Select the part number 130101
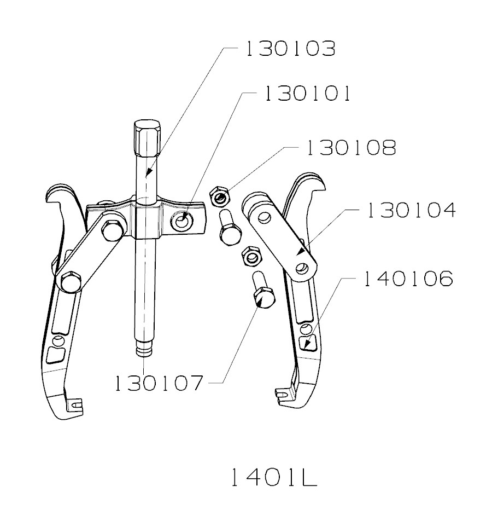click(x=307, y=94)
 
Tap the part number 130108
click(x=350, y=148)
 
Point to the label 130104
click(x=411, y=210)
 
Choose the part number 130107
click(x=159, y=382)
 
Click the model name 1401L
click(x=272, y=477)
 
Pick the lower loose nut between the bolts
click(x=250, y=256)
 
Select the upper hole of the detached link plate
click(x=265, y=218)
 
